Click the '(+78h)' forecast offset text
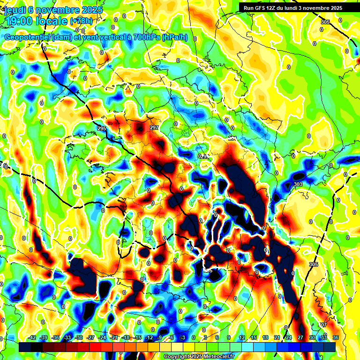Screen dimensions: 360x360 pos(81,21)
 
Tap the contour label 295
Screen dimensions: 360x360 pos(102,128)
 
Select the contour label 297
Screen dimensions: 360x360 pos(154,127)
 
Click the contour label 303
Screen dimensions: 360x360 pos(298,185)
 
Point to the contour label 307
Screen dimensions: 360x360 pos(323,325)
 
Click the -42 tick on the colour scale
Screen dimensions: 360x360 pos(32,337)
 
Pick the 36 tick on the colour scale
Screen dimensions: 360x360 pos(336,337)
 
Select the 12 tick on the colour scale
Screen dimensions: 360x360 pos(242,337)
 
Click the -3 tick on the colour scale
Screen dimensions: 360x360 pos(182,337)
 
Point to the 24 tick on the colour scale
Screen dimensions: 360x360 pos(288,337)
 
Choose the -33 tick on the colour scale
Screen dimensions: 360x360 pos(67,337)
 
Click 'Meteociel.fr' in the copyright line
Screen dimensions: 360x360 pos(217,356)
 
